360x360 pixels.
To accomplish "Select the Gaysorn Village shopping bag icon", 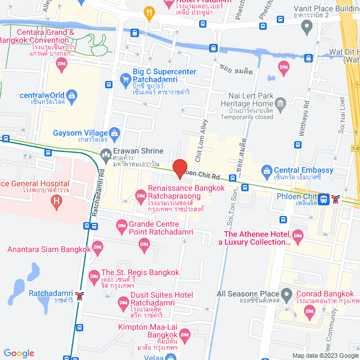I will coord(115,133).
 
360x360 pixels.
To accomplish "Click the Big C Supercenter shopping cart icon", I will coord(125,79).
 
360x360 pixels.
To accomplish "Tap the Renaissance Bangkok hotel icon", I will coord(140,196).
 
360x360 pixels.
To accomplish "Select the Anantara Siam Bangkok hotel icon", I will coord(98,246).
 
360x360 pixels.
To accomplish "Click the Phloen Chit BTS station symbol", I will coord(336,199).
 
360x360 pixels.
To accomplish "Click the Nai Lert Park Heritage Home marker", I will coord(281,103).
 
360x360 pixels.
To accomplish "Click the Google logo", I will coord(19,353).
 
